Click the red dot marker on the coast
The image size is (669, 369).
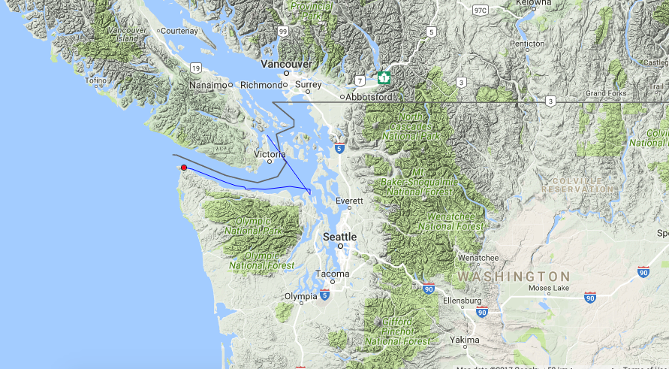point(184,167)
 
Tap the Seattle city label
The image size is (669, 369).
point(339,236)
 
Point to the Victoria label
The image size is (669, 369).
point(270,154)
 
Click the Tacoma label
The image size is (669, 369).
point(333,274)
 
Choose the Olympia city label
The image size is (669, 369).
point(300,296)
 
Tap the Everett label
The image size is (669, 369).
point(349,201)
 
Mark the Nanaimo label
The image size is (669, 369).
point(208,85)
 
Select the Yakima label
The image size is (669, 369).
point(465,340)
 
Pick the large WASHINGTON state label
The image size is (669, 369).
point(513,277)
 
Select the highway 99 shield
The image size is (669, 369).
point(282,32)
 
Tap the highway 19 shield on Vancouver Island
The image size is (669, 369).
point(195,68)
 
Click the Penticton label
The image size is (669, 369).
point(526,44)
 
